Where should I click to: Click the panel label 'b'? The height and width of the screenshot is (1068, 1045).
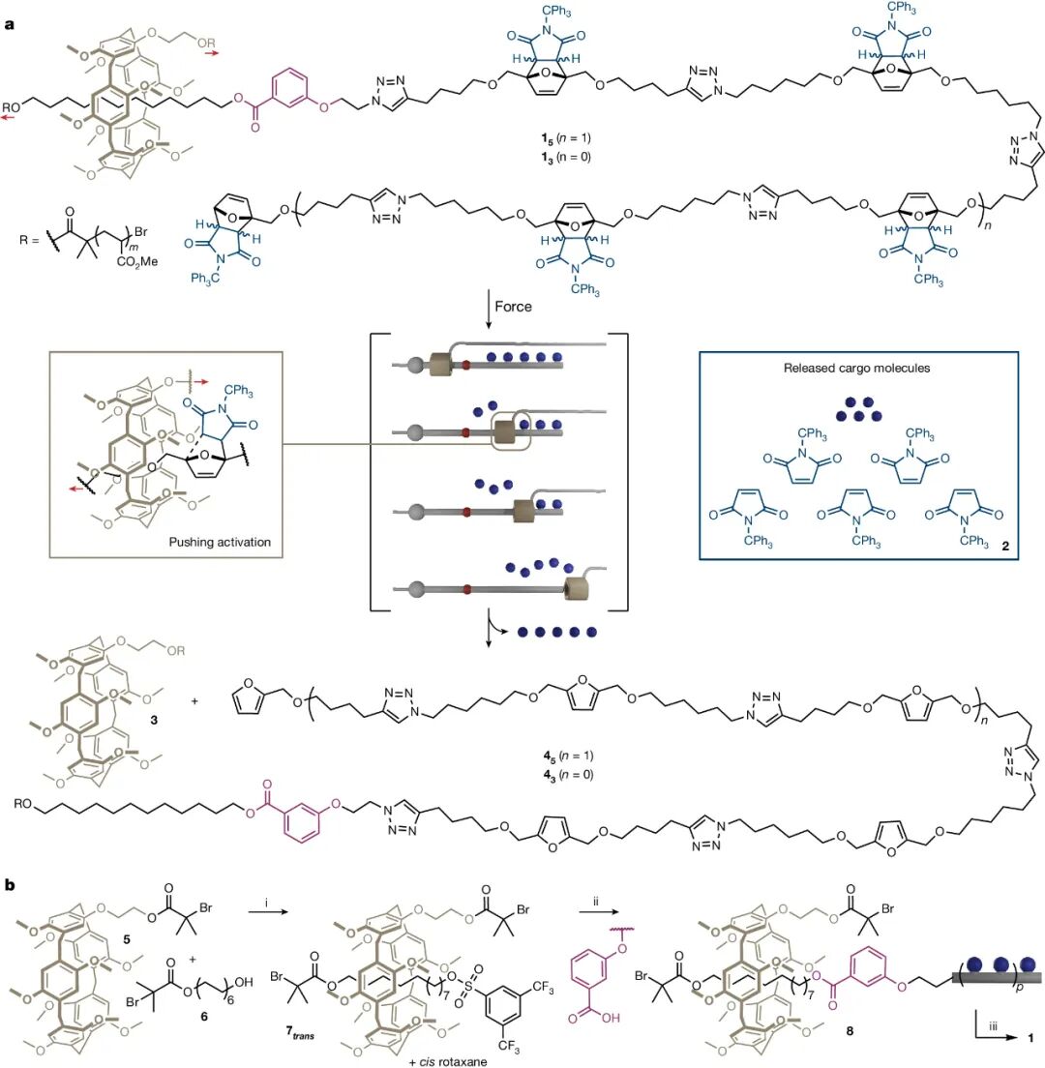click(x=10, y=884)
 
